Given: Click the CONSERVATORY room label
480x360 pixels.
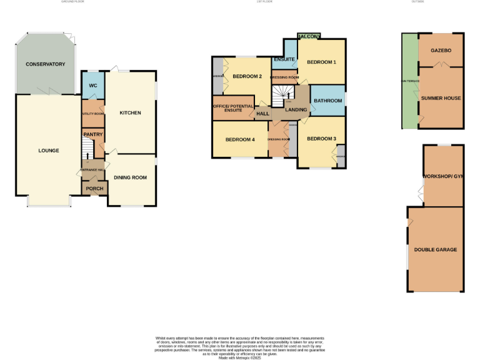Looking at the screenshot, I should click(x=46, y=64).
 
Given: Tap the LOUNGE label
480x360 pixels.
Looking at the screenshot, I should click(x=49, y=151).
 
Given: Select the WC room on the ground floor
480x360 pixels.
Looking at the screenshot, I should click(x=93, y=85).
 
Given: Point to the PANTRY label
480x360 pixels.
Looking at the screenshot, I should click(x=92, y=134).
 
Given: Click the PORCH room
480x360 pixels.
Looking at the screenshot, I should click(x=94, y=189).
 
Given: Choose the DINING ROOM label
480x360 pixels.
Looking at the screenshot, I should click(x=130, y=177).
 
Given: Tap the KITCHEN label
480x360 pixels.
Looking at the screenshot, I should click(x=130, y=113).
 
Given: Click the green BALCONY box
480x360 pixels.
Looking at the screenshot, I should click(x=309, y=37).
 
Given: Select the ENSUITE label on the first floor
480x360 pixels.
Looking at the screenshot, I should click(x=283, y=60).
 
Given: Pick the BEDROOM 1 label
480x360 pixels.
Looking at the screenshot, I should click(x=321, y=62).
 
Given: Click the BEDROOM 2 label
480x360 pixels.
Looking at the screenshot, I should click(x=247, y=77).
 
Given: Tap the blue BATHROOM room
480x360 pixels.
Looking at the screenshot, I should click(x=327, y=101).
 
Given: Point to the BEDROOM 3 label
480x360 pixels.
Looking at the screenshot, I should click(x=321, y=139).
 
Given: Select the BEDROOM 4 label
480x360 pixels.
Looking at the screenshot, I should click(x=240, y=139).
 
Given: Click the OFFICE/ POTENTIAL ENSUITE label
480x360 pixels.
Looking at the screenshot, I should click(x=233, y=107).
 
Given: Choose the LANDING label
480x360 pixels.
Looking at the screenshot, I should click(x=296, y=110).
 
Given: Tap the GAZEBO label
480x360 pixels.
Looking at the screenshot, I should click(x=441, y=50).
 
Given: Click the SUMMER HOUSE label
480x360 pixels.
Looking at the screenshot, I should click(x=441, y=99).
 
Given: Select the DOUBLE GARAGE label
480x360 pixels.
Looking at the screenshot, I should click(x=435, y=249).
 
